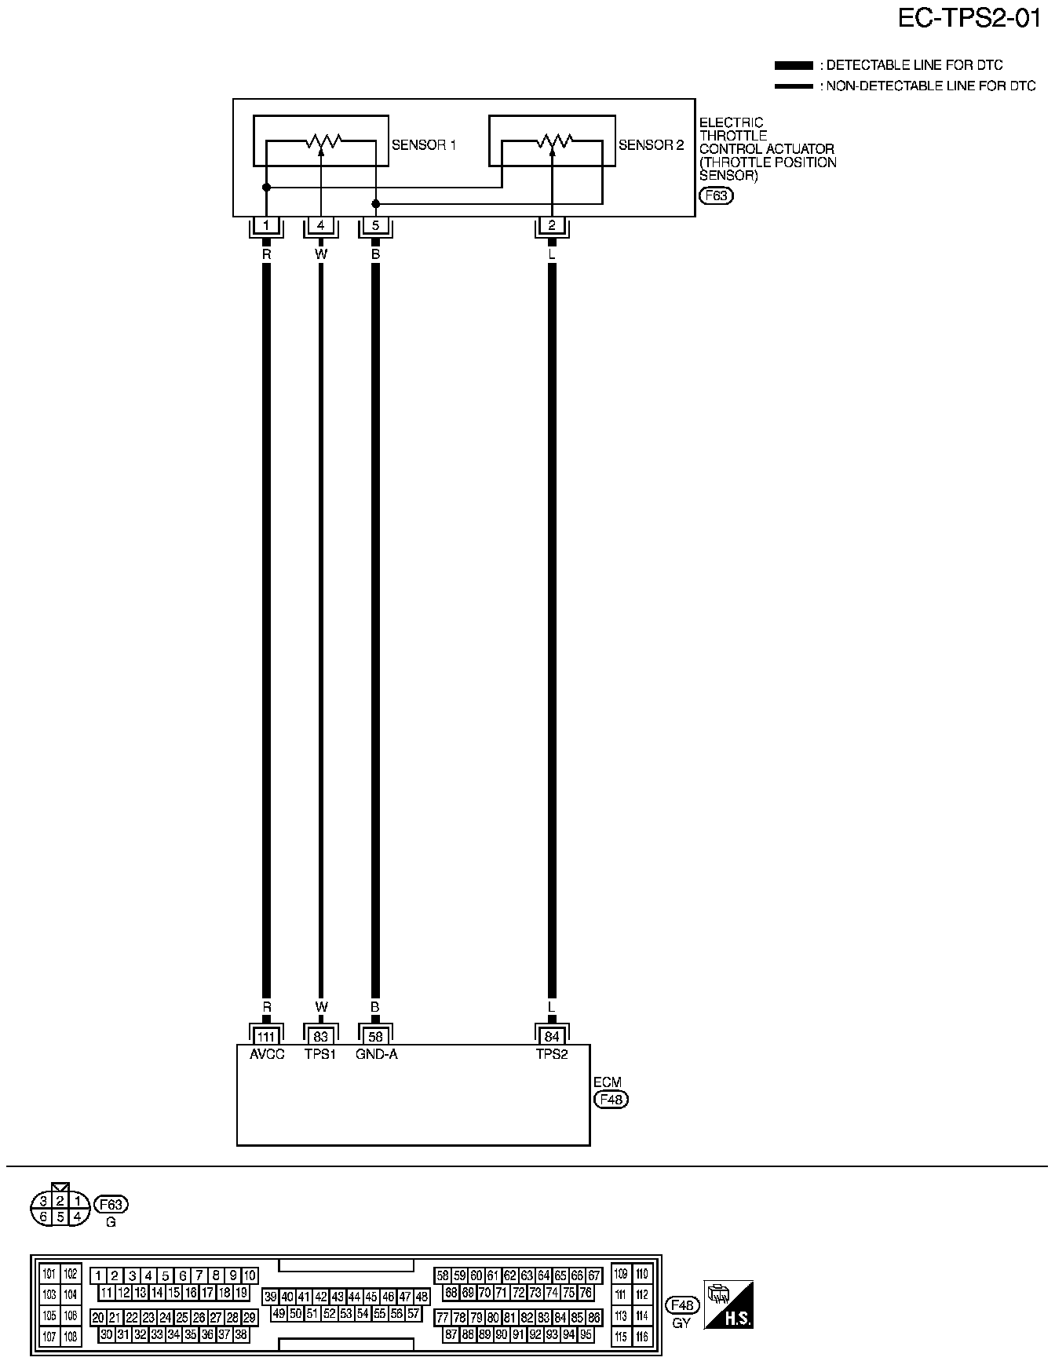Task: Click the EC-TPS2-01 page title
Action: [969, 19]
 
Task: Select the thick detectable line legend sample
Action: [794, 65]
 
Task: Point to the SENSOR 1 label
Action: [424, 145]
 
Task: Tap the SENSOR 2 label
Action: [651, 145]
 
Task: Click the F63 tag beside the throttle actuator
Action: [715, 196]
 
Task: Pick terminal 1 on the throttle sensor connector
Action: [267, 226]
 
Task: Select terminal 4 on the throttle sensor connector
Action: [320, 226]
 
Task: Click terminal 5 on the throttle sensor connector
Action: [375, 226]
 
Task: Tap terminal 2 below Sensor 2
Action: [552, 226]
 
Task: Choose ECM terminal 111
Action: [267, 1037]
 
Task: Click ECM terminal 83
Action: [320, 1037]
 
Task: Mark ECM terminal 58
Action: [375, 1037]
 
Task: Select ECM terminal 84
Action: [552, 1037]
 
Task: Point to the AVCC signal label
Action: [267, 1054]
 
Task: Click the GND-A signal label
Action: [377, 1054]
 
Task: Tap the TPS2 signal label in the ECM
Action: [552, 1054]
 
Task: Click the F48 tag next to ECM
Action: [611, 1100]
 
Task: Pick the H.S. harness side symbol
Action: [729, 1304]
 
